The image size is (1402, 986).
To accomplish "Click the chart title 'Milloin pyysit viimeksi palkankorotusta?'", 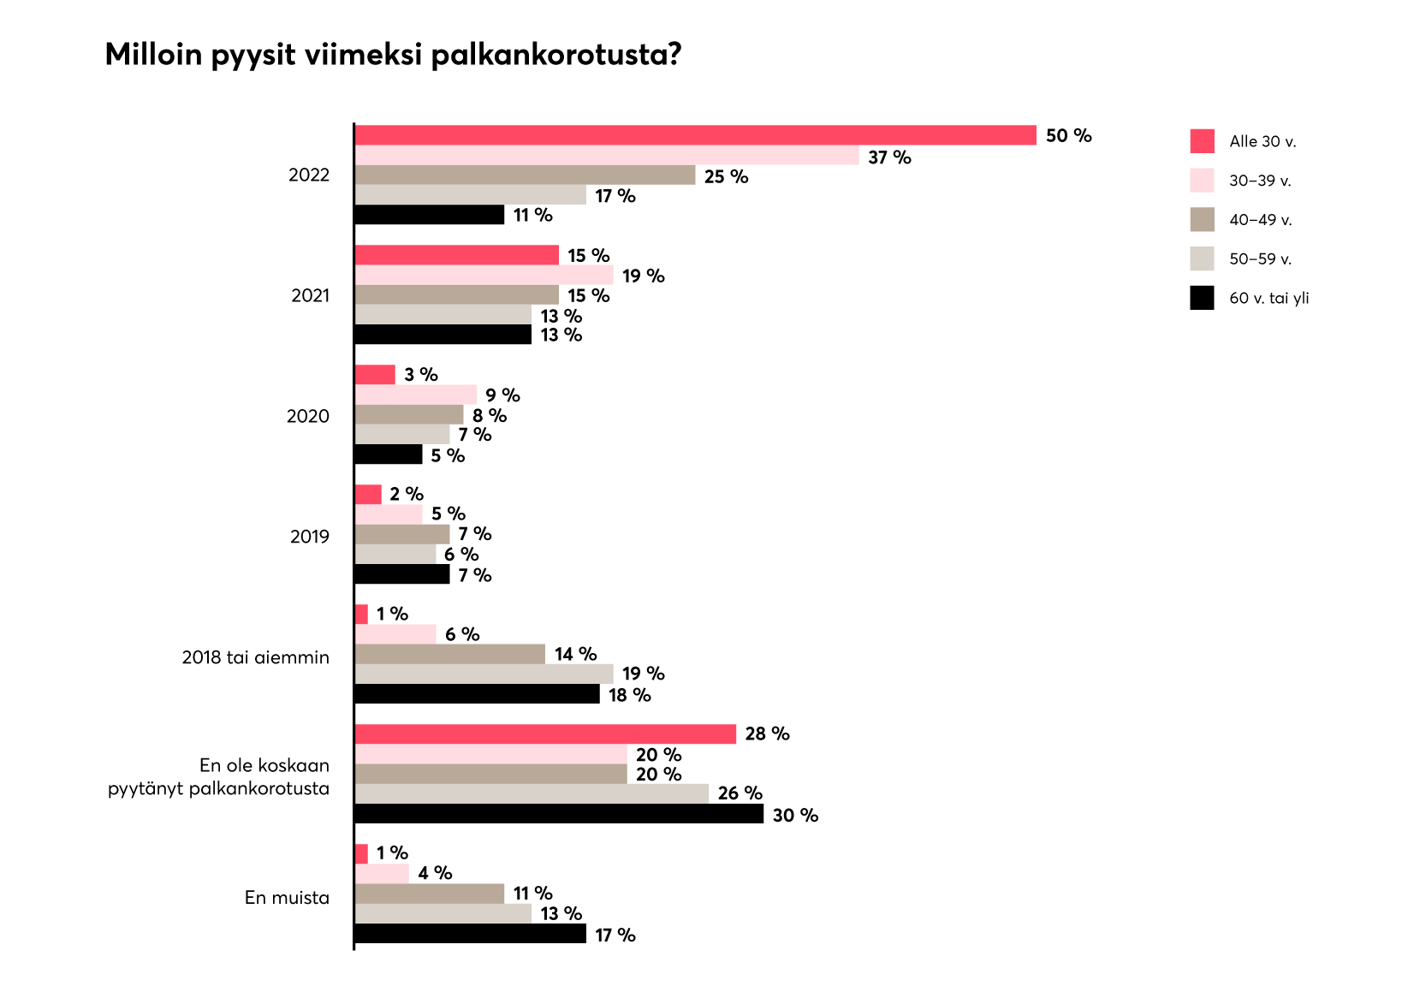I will (x=393, y=55).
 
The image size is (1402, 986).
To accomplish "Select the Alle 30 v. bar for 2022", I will (x=695, y=135).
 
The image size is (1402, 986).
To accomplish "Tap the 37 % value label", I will (x=889, y=157).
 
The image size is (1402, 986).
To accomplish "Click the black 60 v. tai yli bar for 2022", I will (x=430, y=215).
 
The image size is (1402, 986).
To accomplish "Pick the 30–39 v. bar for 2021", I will (x=484, y=275).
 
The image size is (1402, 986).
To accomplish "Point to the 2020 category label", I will (x=308, y=417).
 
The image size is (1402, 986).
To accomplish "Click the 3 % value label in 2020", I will (x=421, y=375).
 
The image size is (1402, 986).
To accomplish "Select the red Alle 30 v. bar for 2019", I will (x=368, y=495).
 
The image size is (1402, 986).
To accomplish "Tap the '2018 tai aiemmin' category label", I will (x=255, y=657).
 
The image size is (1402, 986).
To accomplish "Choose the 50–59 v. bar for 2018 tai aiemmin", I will (x=484, y=674).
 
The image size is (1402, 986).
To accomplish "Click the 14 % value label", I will (x=575, y=655).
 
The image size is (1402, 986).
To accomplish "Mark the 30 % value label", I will (x=795, y=816).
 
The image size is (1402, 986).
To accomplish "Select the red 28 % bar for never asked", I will (x=545, y=734).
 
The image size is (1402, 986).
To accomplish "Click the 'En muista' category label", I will (x=287, y=898).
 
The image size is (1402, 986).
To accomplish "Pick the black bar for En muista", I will (x=470, y=934).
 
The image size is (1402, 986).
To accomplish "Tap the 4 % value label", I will (x=435, y=873).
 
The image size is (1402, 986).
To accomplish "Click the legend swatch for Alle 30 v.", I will (x=1202, y=141).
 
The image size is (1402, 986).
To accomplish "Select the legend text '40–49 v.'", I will (x=1261, y=220).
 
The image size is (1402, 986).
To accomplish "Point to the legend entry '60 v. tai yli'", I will (x=1268, y=299).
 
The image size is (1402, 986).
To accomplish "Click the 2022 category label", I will (x=309, y=175).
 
